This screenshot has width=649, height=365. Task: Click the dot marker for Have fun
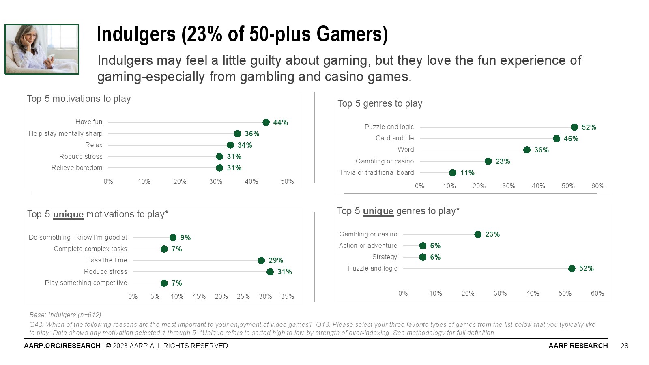pos(266,122)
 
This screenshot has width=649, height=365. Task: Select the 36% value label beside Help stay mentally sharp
pos(252,134)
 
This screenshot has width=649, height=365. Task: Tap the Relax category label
pos(94,145)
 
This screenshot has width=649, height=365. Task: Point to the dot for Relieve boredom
pos(219,168)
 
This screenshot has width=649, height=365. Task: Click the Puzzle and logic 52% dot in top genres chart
pos(574,127)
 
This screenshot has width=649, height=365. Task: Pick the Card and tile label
pos(395,138)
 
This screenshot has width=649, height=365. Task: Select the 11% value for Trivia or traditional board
pos(467,173)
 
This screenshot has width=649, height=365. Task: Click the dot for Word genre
pos(527,150)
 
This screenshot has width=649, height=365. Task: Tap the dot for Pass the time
pos(261,260)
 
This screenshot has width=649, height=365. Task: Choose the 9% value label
pos(185,238)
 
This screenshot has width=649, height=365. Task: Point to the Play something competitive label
pos(86,283)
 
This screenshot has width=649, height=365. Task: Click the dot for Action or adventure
pos(423,246)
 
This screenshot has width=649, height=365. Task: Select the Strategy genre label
pos(385,257)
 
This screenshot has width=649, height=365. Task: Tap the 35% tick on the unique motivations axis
pos(287,297)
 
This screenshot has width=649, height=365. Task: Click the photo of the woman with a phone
pos(42,49)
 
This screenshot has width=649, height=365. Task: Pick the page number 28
pos(624,346)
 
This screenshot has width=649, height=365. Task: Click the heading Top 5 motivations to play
pos(79,99)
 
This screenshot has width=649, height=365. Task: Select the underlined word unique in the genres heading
pos(378,211)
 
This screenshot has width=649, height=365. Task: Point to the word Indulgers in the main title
pos(136,34)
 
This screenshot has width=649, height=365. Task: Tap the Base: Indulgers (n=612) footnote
pos(65,315)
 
